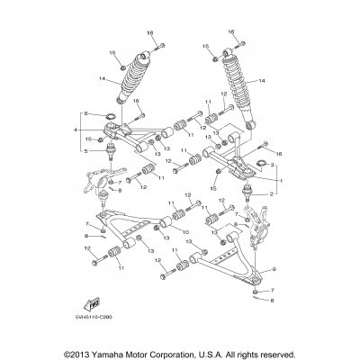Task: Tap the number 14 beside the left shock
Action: coord(103,79)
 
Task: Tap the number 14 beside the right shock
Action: coord(262,80)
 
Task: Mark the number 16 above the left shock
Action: coord(151,31)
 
